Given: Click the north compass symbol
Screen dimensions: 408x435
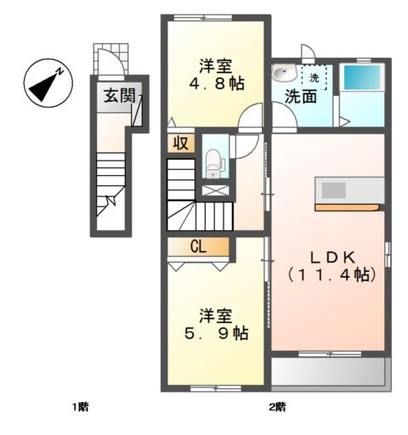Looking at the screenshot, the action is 48,83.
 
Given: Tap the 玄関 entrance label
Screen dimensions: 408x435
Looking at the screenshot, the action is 119,95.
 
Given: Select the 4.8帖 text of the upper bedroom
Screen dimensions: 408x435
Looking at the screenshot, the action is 217,84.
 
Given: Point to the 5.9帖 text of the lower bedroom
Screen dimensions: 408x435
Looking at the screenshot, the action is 217,333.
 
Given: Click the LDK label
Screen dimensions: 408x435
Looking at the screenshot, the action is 332,257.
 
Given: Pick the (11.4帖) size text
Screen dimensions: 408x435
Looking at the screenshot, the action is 331,274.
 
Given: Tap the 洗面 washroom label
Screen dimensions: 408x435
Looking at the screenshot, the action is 301,97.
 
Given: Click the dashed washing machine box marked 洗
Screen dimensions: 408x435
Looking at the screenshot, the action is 314,77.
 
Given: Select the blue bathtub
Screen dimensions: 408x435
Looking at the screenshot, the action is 362,77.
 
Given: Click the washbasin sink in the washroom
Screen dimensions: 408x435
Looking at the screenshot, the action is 284,73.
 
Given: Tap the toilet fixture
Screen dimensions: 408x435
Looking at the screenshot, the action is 213,164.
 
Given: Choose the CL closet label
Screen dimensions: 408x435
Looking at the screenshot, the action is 198,247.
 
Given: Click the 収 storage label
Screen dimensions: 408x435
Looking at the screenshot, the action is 181,143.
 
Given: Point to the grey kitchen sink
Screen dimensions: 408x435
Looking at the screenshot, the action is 334,190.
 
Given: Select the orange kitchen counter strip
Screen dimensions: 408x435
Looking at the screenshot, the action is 348,207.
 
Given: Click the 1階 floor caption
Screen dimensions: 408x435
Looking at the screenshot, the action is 82,407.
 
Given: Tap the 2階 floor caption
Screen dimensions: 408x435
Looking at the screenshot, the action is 277,407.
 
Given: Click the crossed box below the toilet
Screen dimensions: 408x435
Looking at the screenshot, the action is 215,190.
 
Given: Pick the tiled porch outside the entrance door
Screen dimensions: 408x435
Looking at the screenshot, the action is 110,59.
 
